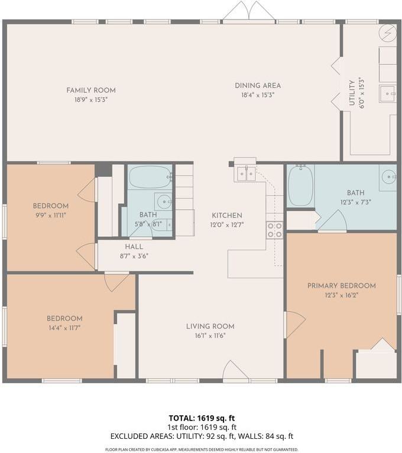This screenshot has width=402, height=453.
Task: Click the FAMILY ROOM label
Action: coord(91,90)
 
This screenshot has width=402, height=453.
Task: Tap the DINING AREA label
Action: coord(258,86)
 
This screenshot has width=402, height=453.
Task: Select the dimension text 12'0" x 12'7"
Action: coord(227,225)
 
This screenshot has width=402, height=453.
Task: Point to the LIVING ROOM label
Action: coord(210,326)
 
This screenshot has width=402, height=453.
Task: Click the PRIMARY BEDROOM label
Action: coord(342,286)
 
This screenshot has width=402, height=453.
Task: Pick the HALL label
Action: coord(134,247)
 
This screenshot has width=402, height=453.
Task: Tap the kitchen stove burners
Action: coord(274,230)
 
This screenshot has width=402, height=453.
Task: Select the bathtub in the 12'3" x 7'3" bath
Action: coord(301,185)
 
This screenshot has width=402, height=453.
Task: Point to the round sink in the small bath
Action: coord(164,201)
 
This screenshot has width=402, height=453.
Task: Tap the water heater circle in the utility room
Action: coord(388,32)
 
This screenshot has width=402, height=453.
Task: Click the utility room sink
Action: coord(388,94)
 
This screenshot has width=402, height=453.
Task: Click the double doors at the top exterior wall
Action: coord(249,11)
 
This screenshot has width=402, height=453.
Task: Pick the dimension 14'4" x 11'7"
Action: coord(64,328)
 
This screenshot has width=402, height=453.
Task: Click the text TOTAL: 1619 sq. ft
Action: coord(202,418)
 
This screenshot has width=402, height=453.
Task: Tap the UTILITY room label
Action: coord(352,93)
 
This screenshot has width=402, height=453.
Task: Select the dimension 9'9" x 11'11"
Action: coord(51,215)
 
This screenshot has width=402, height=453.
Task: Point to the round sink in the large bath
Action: coord(388,177)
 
